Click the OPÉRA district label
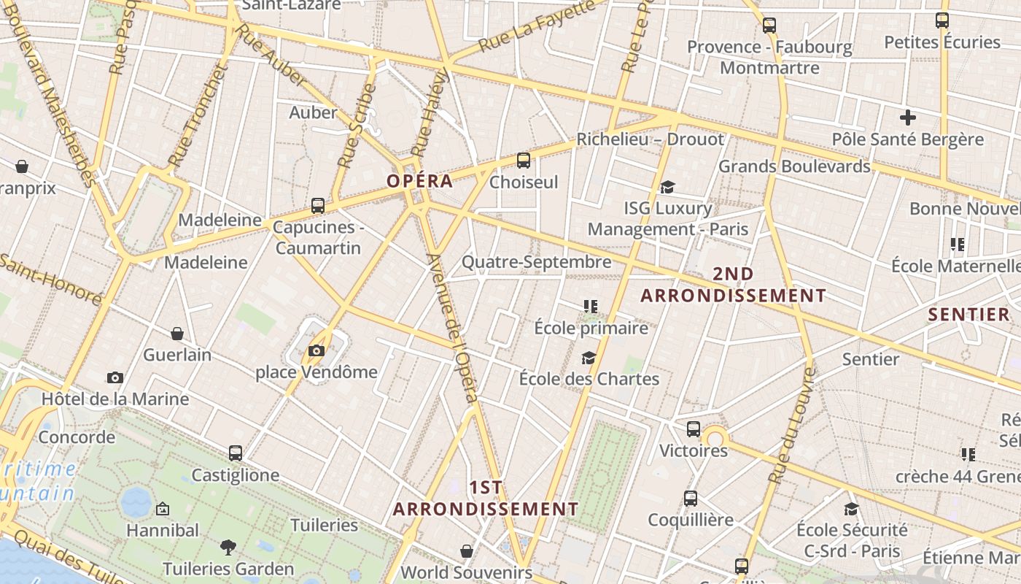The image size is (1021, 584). point(419,181)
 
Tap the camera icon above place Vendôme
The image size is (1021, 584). point(316,351)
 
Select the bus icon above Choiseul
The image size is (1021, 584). point(523,161)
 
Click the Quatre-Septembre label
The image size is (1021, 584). point(536,262)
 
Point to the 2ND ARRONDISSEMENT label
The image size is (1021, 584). point(733,285)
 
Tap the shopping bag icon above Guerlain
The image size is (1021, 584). point(176,334)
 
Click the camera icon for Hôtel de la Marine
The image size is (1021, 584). point(114,378)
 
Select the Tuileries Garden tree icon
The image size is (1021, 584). point(228,547)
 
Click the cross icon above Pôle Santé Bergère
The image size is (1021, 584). point(907,118)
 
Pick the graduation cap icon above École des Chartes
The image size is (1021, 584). point(589,358)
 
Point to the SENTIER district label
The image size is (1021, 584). point(968,315)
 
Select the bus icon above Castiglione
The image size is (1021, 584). point(235,453)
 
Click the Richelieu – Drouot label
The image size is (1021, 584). point(651,139)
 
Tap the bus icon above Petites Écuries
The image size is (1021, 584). point(942,20)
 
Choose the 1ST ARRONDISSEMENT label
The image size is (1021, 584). point(486,499)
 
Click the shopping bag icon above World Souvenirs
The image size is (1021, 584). point(466,551)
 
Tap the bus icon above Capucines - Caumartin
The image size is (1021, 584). point(317,206)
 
